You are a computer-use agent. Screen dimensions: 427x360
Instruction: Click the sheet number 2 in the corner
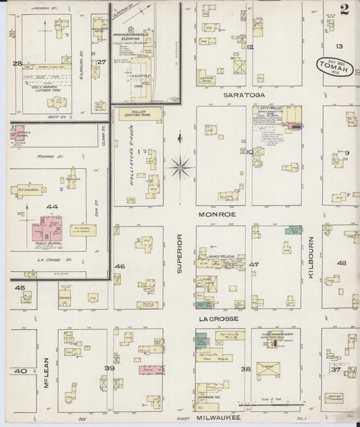point(345,9)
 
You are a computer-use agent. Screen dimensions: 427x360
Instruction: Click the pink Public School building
point(46,230)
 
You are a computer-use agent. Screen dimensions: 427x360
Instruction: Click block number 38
point(245,369)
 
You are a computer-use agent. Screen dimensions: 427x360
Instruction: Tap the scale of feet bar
point(278,404)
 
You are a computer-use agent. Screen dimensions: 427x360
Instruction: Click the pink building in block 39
point(149,370)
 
